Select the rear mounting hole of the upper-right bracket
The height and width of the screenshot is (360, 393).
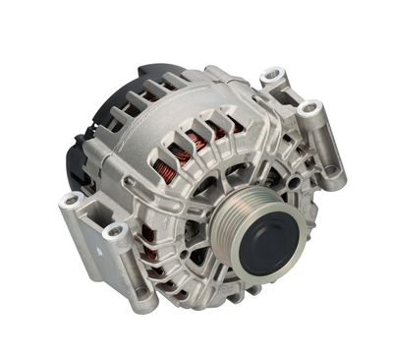pyautogui.click(x=272, y=75)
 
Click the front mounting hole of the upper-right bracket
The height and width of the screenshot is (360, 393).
pyautogui.click(x=311, y=109)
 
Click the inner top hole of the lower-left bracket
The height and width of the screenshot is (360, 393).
pyautogui.click(x=115, y=231)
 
